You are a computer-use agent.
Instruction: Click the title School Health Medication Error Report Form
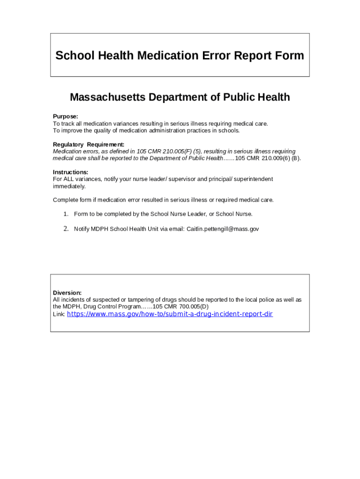click(180, 56)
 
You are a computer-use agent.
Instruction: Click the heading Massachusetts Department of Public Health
click(180, 97)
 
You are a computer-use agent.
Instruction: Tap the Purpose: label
click(65, 116)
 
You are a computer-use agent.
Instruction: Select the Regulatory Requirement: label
click(88, 145)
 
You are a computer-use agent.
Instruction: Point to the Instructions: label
click(71, 172)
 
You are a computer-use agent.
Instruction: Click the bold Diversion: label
click(67, 293)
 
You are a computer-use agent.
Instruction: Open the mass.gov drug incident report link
click(170, 314)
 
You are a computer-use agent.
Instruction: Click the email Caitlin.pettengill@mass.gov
click(223, 229)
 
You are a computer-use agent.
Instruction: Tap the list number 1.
click(66, 214)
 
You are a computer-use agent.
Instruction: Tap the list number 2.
click(66, 229)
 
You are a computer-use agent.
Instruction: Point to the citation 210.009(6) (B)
click(281, 158)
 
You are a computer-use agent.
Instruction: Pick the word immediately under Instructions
click(69, 186)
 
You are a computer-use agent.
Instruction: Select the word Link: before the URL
click(59, 315)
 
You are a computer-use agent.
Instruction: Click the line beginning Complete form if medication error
click(163, 200)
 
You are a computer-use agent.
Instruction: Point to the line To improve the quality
click(146, 131)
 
